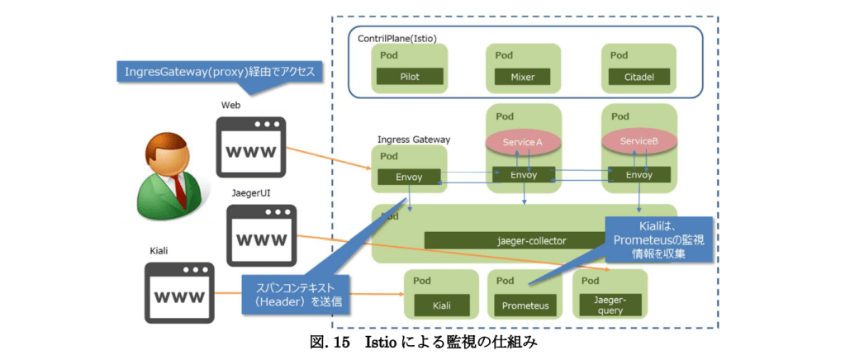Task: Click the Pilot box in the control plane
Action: click(410, 78)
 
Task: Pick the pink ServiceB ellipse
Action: click(638, 142)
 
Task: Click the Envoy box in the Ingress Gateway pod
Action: click(410, 176)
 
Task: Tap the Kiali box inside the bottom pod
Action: click(443, 306)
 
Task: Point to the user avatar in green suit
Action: click(169, 173)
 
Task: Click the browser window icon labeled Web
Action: click(250, 146)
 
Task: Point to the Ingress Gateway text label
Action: click(414, 139)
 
